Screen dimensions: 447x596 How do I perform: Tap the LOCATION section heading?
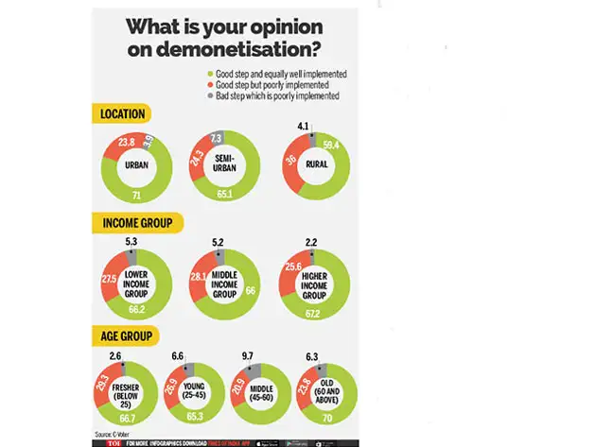pyautogui.click(x=124, y=115)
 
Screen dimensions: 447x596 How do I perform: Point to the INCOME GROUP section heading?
pyautogui.click(x=137, y=223)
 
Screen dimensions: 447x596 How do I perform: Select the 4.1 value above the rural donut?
pyautogui.click(x=304, y=125)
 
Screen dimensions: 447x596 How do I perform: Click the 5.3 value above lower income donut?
pyautogui.click(x=131, y=242)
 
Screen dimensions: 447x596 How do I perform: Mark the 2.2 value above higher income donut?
pyautogui.click(x=311, y=242)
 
